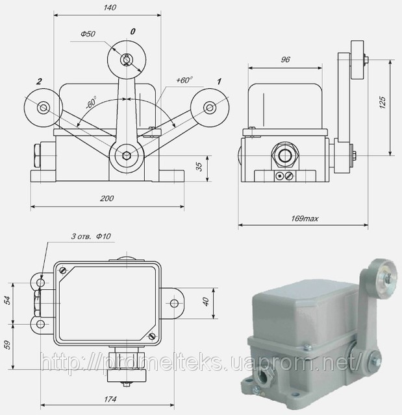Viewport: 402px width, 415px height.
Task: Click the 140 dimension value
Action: click(x=110, y=7)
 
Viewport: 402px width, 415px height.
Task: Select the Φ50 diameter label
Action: click(x=88, y=34)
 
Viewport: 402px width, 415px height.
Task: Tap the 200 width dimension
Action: click(x=107, y=198)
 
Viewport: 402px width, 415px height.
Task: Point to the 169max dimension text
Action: click(x=305, y=219)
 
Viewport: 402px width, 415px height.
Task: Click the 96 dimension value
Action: click(x=285, y=60)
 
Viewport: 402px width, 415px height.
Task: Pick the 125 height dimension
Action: click(x=383, y=102)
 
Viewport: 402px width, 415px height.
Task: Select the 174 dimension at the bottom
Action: click(x=110, y=399)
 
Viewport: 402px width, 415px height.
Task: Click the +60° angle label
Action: click(x=184, y=80)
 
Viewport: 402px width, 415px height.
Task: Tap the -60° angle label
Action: click(x=91, y=102)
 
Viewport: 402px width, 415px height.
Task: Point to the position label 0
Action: click(x=132, y=32)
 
